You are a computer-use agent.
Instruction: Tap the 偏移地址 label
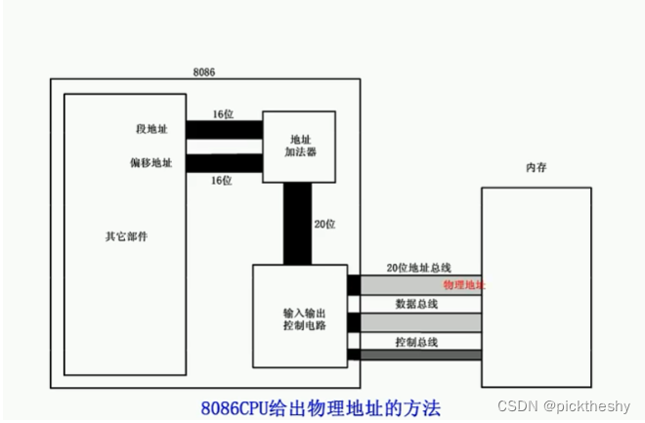coord(154,163)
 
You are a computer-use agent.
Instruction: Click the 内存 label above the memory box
coord(536,169)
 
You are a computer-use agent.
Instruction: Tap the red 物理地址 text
coord(464,284)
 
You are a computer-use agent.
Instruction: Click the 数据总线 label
coord(415,304)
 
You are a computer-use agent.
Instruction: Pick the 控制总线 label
coord(415,342)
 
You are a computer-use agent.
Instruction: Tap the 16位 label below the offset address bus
coord(221,181)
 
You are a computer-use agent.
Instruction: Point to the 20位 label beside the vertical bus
coord(325,224)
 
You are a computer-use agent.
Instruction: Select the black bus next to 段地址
coord(224,129)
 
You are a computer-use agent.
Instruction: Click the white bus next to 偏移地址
coord(224,163)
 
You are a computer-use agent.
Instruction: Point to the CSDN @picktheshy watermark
coord(567,404)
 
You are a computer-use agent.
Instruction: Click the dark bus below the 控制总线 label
coord(420,354)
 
